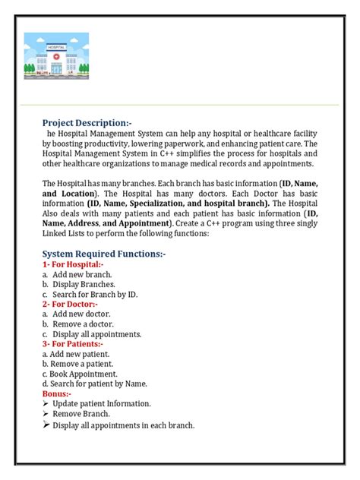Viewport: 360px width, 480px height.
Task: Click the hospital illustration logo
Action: coord(56,56)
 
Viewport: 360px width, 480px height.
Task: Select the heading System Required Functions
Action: coord(109,253)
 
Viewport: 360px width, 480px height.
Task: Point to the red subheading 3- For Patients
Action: coord(74,344)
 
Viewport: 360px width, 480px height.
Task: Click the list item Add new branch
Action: coord(82,274)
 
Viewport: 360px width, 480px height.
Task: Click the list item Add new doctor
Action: coord(81,314)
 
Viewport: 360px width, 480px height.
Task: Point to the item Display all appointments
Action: coord(96,334)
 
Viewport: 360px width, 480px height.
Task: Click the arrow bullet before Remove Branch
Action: coord(46,415)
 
